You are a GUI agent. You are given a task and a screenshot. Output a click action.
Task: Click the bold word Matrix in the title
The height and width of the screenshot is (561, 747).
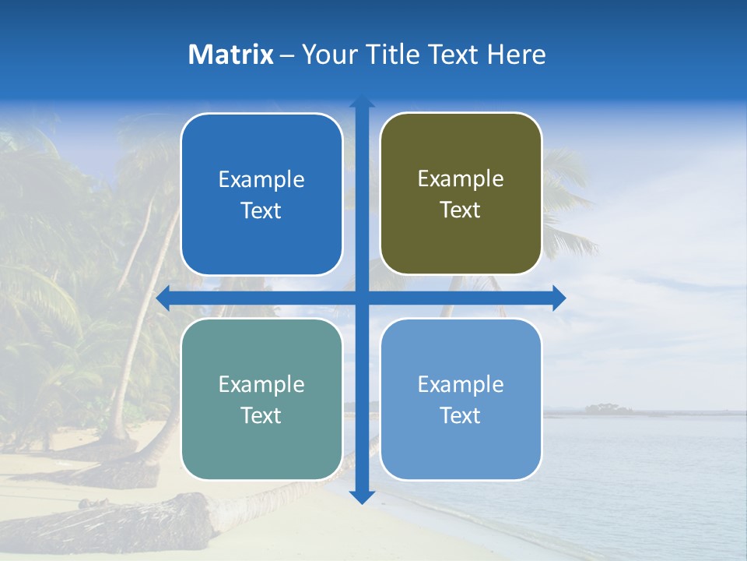click(231, 55)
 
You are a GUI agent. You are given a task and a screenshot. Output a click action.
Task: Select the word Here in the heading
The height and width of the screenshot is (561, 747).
click(517, 55)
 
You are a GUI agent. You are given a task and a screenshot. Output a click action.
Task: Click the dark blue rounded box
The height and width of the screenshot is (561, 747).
click(261, 194)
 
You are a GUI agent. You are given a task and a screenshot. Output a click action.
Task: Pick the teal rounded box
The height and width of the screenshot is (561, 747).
click(261, 399)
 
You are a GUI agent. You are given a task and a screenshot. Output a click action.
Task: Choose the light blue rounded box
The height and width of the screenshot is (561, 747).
click(461, 399)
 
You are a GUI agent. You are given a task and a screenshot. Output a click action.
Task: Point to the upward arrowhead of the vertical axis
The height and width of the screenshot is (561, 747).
click(362, 101)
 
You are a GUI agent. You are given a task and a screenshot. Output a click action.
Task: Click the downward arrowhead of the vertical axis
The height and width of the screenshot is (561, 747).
click(362, 496)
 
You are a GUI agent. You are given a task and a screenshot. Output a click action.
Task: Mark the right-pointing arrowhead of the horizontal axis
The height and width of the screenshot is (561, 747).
click(559, 298)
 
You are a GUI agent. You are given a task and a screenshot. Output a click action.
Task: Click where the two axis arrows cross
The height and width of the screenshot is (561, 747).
click(362, 298)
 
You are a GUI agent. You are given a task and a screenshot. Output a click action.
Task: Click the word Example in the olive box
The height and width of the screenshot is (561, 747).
click(461, 178)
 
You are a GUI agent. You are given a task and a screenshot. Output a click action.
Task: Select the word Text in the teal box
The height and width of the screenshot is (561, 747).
click(261, 415)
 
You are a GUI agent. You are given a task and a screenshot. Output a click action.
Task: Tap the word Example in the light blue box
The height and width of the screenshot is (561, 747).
click(461, 384)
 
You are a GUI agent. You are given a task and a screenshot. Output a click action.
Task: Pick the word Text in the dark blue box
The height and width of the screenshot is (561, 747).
click(261, 210)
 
